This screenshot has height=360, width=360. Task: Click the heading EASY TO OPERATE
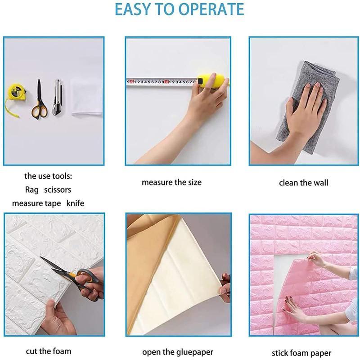(179, 9)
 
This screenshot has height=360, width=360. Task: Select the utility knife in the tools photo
(58, 97)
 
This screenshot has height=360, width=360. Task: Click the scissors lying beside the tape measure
(40, 99)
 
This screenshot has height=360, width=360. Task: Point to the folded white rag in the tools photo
(87, 98)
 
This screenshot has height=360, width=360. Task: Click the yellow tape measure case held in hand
(212, 81)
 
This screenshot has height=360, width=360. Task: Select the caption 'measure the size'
(171, 183)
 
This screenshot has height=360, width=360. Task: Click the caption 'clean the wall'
(303, 183)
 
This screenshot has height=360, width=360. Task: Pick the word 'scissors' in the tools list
(58, 190)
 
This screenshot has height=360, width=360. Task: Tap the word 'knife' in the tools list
(75, 203)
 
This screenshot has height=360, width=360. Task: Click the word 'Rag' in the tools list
(31, 190)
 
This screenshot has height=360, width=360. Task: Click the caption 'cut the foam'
(49, 351)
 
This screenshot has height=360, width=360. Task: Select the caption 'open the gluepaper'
(178, 352)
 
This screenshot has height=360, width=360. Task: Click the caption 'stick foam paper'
(301, 353)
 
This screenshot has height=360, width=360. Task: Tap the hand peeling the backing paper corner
(225, 287)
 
